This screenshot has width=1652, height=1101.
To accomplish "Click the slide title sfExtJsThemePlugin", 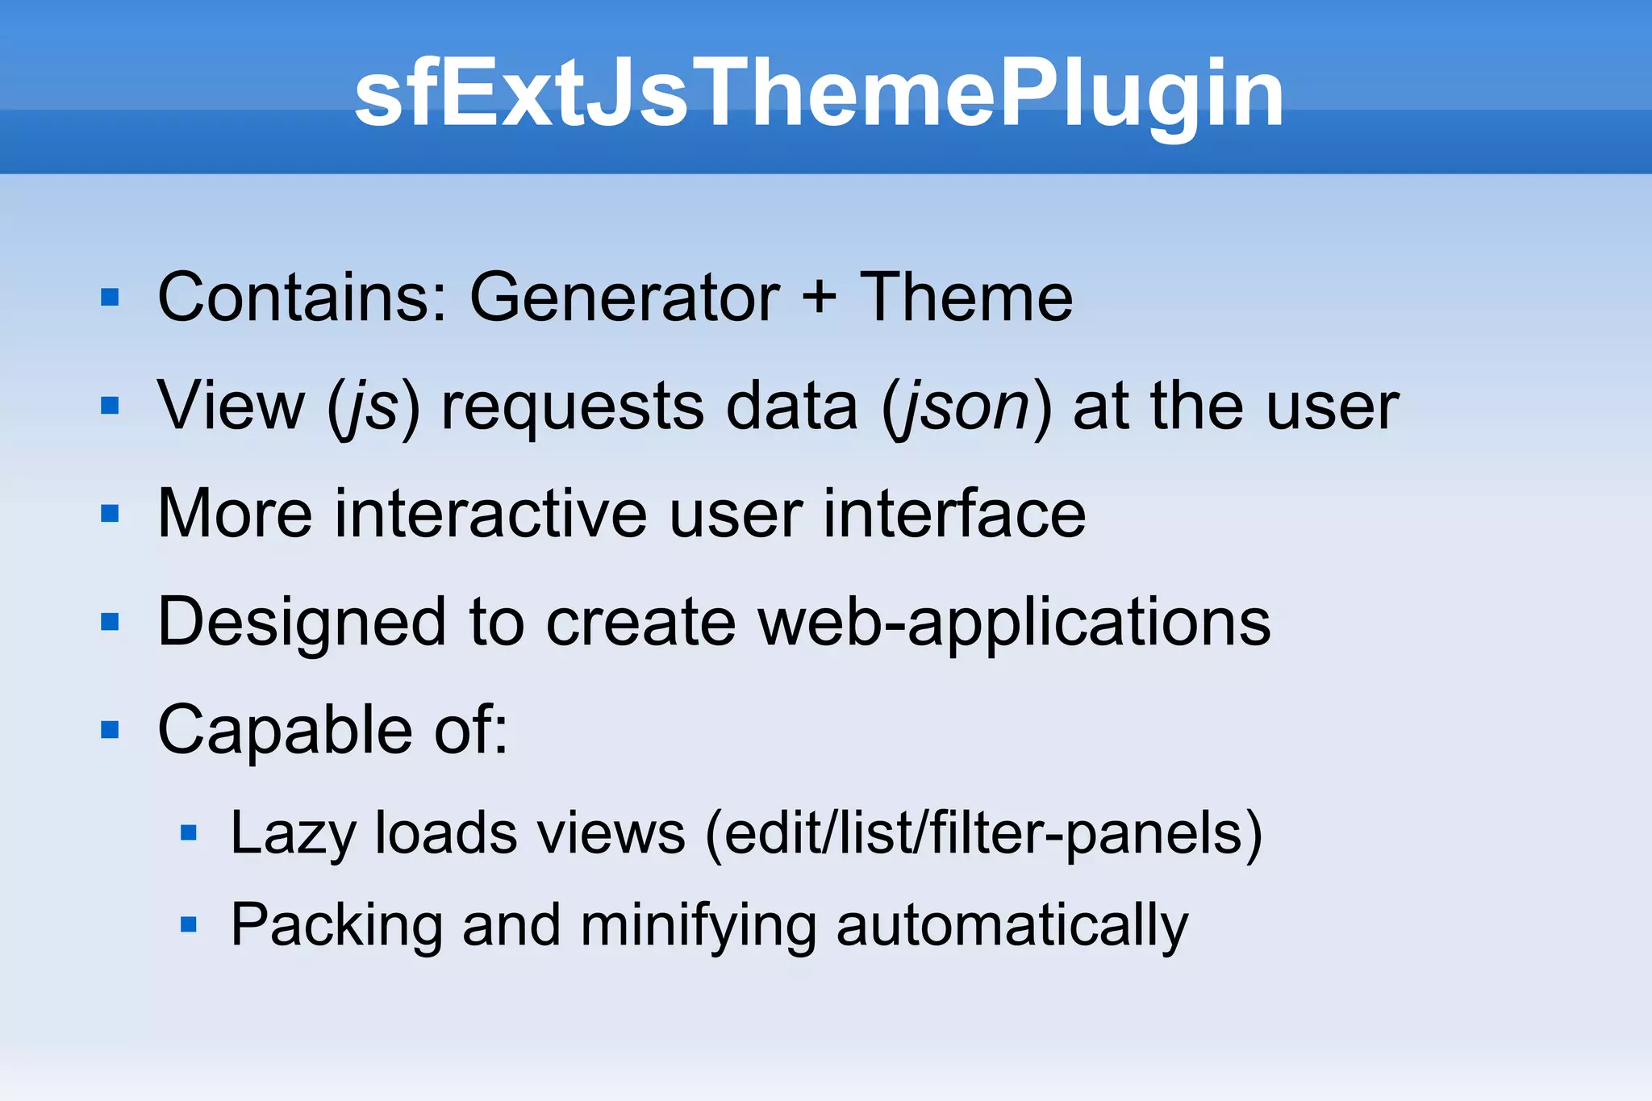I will pos(819,95).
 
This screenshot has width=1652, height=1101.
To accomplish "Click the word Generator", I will pos(624,298).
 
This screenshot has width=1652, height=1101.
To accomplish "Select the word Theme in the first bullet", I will pos(966,298).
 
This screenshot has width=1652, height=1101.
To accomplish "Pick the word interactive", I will pos(490,514).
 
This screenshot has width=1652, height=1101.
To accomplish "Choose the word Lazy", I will pos(293,834).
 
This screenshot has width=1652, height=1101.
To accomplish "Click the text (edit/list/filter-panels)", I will pos(983,834).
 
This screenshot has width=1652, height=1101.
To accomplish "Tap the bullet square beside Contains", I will pos(110,298).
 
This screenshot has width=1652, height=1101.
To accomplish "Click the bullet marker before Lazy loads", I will pos(189,833).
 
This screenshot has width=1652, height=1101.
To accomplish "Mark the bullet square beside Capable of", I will pos(110,730).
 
